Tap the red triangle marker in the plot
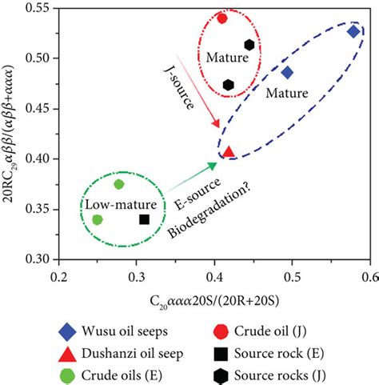(x=229, y=151)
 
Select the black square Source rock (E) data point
(x=144, y=219)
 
